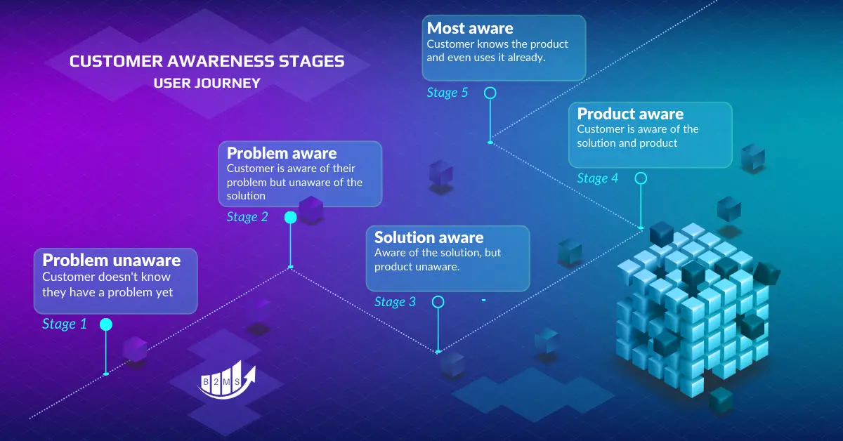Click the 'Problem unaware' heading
click(x=111, y=260)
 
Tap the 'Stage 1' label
click(x=64, y=324)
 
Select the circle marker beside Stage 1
click(x=105, y=324)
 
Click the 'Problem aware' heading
click(x=281, y=153)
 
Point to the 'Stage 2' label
click(x=247, y=217)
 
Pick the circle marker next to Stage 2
click(x=290, y=218)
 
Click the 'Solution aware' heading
click(x=429, y=237)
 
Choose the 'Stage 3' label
click(x=395, y=302)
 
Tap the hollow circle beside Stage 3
click(x=438, y=302)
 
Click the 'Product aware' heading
click(x=629, y=114)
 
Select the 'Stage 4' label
click(x=597, y=178)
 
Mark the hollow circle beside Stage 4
click(x=641, y=178)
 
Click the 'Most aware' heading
click(x=469, y=28)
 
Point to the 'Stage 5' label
click(x=447, y=93)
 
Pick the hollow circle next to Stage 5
click(x=490, y=93)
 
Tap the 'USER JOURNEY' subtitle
click(x=207, y=83)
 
